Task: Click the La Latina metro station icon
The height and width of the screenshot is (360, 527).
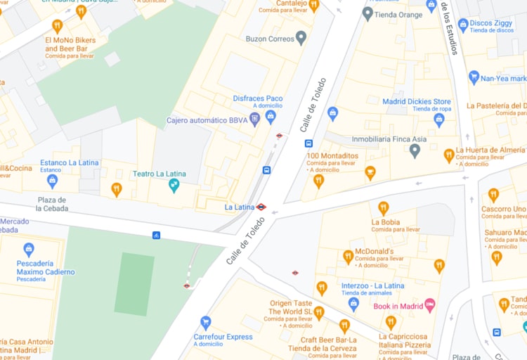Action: pos(261,207)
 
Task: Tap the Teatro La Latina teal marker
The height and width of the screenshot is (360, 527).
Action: pos(174,186)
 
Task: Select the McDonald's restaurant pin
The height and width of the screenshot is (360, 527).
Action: pos(348,257)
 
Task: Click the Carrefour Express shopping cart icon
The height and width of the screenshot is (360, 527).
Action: pos(206,323)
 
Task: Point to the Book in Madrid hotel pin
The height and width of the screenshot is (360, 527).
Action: pos(430,305)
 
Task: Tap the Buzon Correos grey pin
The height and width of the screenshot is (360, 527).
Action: pos(301,38)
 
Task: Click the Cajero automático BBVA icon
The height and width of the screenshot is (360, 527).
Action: pos(254,120)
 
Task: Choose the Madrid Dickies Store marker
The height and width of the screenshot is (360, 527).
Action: pos(439,120)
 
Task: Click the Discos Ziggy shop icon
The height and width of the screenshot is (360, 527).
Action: pos(463,25)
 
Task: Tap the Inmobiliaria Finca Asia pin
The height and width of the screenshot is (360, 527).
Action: pos(415,150)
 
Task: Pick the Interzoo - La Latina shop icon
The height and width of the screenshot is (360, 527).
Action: pos(353,304)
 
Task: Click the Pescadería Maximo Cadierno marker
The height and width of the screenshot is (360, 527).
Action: pos(29,250)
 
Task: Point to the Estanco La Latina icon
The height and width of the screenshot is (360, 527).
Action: pos(52,181)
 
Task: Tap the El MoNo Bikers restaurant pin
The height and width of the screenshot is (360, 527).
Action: pos(58,27)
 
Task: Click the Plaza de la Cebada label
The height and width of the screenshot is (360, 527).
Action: pos(53,204)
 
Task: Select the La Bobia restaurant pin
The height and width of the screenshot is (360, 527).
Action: pos(383,208)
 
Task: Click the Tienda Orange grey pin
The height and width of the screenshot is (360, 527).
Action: pos(367,13)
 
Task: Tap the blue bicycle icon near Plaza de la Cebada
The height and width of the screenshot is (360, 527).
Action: pos(156,235)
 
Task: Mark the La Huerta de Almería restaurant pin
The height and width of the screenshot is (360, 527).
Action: pos(449,155)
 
